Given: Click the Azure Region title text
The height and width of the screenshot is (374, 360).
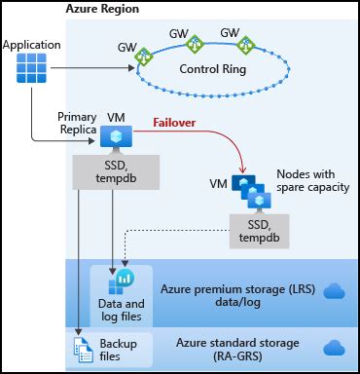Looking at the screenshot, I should [102, 9].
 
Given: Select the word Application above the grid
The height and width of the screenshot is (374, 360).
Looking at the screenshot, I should [32, 45].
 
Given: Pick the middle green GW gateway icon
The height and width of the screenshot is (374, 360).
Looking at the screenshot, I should [196, 44].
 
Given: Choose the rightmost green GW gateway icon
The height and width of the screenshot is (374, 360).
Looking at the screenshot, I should [245, 44].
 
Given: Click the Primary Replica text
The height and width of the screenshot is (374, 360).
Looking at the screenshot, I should [77, 123].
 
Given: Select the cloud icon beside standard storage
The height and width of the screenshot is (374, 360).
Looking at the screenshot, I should [334, 349].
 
